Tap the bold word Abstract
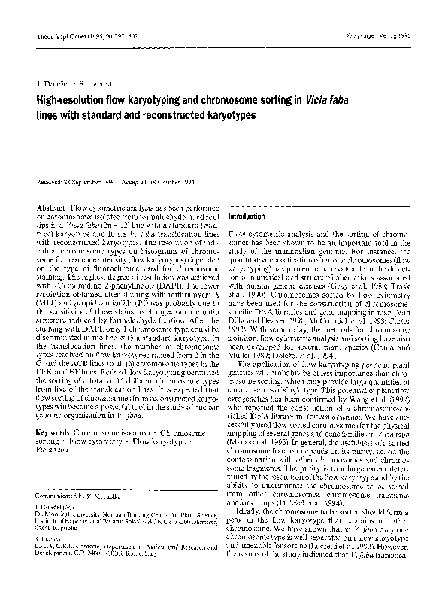tap(50, 206)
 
